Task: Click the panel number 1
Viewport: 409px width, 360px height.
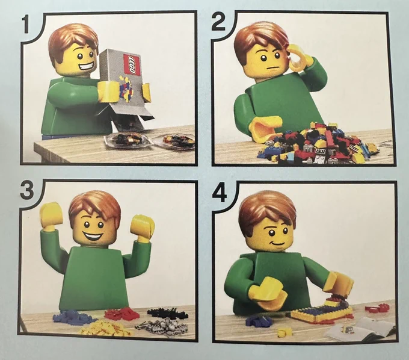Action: (25, 23)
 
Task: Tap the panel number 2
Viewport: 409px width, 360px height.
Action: (218, 22)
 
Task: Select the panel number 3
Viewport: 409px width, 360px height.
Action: (27, 190)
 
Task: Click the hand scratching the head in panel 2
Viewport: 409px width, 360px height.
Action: (300, 57)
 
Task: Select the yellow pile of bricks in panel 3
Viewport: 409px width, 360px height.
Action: (106, 329)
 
